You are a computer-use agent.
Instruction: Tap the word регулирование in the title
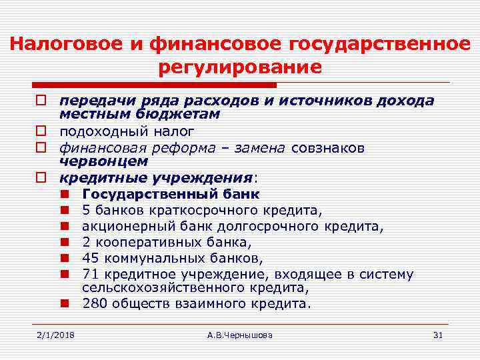pyautogui.click(x=240, y=67)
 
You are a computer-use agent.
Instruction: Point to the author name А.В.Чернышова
pyautogui.click(x=240, y=334)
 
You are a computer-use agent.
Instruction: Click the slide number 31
pyautogui.click(x=437, y=334)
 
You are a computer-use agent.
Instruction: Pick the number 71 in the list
pyautogui.click(x=90, y=274)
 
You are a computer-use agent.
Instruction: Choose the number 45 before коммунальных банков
pyautogui.click(x=91, y=258)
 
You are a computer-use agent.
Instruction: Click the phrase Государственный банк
pyautogui.click(x=171, y=194)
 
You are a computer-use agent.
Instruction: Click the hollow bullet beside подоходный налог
pyautogui.click(x=41, y=131)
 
